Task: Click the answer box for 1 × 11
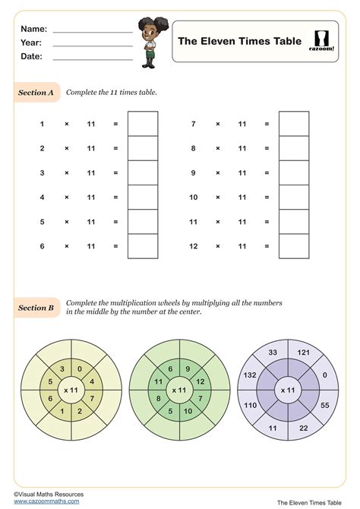coord(143,123)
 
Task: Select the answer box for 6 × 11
coord(143,246)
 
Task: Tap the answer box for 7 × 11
coord(294,123)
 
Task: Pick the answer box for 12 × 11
coord(294,246)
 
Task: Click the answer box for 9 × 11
coord(294,172)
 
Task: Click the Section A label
coord(36,93)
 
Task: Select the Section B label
coord(36,308)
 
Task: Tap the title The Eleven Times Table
coord(239,41)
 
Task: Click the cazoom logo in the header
coord(323,41)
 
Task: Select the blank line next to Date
coord(93,58)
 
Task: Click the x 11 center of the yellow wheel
coord(71,390)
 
